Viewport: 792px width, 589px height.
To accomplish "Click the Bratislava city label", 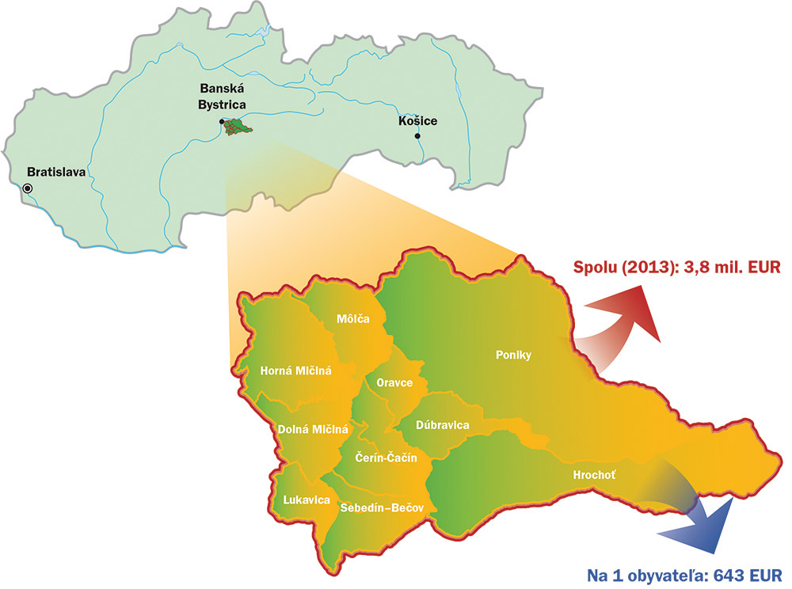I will point(56,171).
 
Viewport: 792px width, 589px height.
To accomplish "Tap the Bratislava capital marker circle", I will point(29,188).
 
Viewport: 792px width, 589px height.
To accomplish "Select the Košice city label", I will point(417,121).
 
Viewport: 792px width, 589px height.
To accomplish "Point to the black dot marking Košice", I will point(417,135).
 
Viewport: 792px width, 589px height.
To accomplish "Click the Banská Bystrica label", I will point(221,97).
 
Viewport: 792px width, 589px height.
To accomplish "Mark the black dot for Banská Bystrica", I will point(222,121).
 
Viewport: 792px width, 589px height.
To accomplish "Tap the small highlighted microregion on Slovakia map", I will point(237,127).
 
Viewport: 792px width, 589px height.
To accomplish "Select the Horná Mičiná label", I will point(295,370).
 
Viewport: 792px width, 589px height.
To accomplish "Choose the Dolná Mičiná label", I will point(313,429).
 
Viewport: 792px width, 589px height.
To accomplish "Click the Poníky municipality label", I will point(512,355).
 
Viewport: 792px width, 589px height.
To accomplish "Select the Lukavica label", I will point(307,500).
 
